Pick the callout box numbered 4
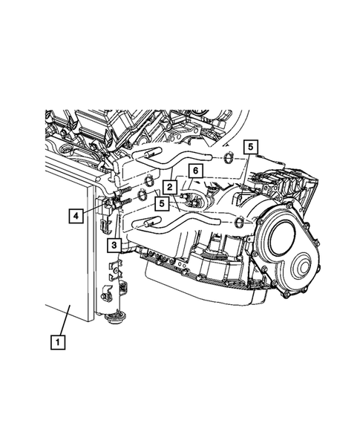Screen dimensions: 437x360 pyautogui.click(x=76, y=216)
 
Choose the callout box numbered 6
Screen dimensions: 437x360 pyautogui.click(x=194, y=171)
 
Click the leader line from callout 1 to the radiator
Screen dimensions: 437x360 pyautogui.click(x=64, y=321)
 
